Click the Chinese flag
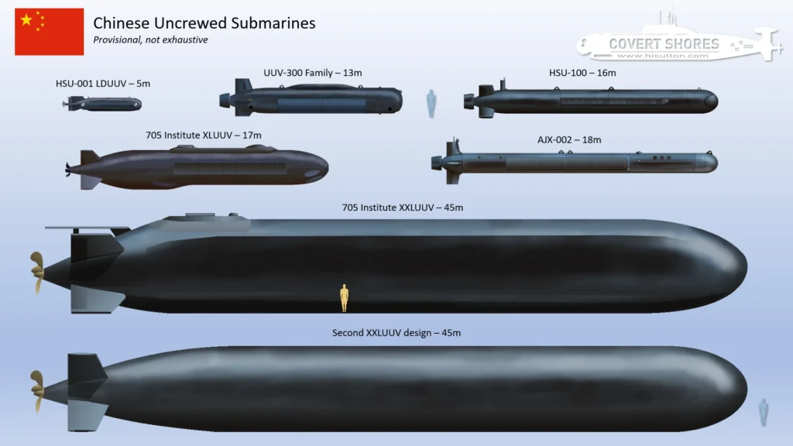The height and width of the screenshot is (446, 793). tap(49, 32)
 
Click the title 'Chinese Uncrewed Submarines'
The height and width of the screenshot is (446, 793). tap(204, 22)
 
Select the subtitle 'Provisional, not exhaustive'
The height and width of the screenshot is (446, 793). tap(150, 39)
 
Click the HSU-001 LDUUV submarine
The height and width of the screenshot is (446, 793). tap(103, 104)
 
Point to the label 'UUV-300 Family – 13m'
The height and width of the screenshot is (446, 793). tap(312, 73)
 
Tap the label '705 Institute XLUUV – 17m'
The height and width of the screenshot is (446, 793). tap(204, 135)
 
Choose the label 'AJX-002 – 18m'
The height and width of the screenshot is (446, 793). tap(569, 139)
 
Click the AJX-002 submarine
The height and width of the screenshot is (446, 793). tap(581, 163)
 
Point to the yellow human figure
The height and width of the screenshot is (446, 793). tap(345, 298)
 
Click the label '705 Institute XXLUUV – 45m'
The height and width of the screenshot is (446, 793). tap(396, 207)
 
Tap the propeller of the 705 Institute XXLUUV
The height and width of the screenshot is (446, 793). tap(36, 273)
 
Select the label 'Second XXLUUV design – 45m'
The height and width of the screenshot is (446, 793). tap(397, 333)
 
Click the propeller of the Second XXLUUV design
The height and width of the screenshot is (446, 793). tap(36, 387)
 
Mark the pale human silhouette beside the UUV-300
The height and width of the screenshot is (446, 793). tap(431, 103)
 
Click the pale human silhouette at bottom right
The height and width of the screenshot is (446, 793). tap(763, 410)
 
